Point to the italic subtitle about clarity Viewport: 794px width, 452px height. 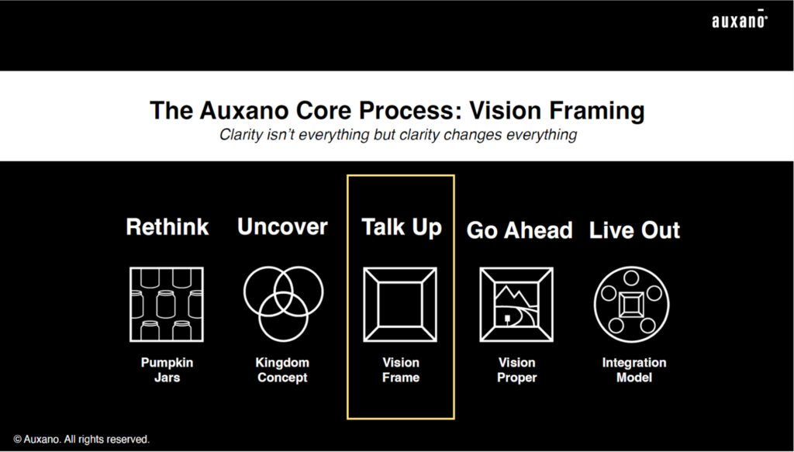pyautogui.click(x=398, y=135)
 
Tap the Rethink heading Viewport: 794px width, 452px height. pyautogui.click(x=167, y=226)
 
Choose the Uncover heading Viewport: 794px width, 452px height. pyautogui.click(x=282, y=226)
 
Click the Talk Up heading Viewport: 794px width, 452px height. pyautogui.click(x=402, y=228)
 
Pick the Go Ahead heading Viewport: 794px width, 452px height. pyautogui.click(x=519, y=230)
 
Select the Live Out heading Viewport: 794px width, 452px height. pyautogui.click(x=634, y=230)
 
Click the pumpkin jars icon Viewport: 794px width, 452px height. pyautogui.click(x=167, y=304)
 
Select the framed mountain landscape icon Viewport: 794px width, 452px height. pyautogui.click(x=516, y=304)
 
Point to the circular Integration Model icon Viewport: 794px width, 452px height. pyautogui.click(x=631, y=305)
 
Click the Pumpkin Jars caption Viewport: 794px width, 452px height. pyautogui.click(x=167, y=370)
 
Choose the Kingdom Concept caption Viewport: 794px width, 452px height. pyautogui.click(x=282, y=370)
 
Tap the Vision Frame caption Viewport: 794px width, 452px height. pyautogui.click(x=401, y=370)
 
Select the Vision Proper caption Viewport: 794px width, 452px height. pyautogui.click(x=516, y=370)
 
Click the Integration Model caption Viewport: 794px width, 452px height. pyautogui.click(x=634, y=370)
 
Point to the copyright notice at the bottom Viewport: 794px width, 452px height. pyautogui.click(x=81, y=440)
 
